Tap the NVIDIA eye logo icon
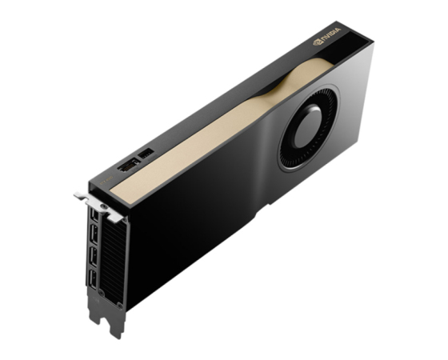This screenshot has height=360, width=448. click(317, 42)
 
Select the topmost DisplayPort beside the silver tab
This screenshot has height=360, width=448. click(94, 215)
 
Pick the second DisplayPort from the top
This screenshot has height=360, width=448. click(94, 235)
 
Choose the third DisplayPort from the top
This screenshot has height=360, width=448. click(94, 258)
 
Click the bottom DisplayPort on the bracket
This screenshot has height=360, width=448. click(93, 279)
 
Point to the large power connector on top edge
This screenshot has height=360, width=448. click(129, 165)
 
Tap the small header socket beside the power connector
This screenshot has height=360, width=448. click(146, 154)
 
